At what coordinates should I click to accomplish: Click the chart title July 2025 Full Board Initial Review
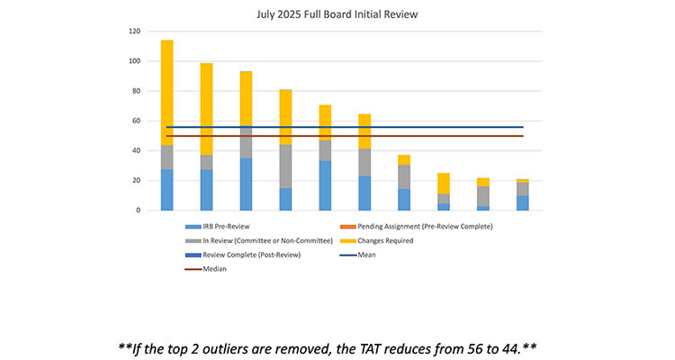click(x=337, y=15)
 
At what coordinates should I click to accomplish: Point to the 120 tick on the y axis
click(x=133, y=31)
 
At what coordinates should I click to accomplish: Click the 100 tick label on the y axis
click(x=133, y=61)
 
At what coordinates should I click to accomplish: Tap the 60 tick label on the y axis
click(x=135, y=121)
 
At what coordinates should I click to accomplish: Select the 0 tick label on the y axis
click(x=138, y=211)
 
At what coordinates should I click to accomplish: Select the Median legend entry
click(x=210, y=268)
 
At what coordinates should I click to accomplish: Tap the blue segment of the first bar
click(x=167, y=190)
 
